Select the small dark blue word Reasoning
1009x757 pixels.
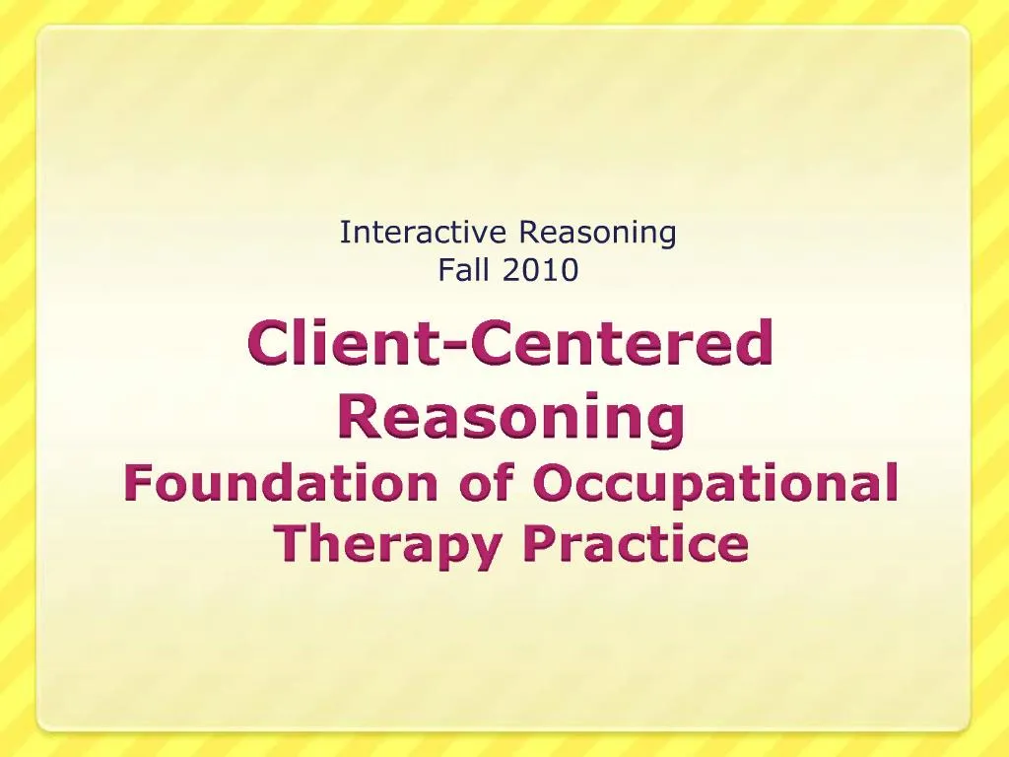(597, 235)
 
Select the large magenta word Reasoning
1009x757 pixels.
(510, 418)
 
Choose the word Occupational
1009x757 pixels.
(715, 485)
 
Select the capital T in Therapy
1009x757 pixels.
(290, 542)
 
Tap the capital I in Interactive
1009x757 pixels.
(344, 233)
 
